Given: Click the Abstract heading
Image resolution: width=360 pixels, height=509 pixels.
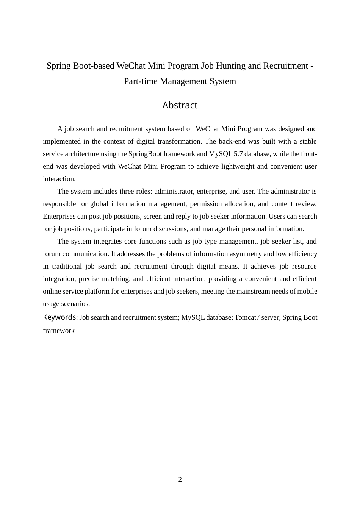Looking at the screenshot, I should [x=180, y=105].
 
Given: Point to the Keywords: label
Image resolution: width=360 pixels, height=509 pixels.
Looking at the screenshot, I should [x=60, y=317].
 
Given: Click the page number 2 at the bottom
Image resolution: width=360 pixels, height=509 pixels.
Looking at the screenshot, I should [x=180, y=479].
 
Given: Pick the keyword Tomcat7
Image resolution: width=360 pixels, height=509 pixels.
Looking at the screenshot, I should [x=247, y=317].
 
